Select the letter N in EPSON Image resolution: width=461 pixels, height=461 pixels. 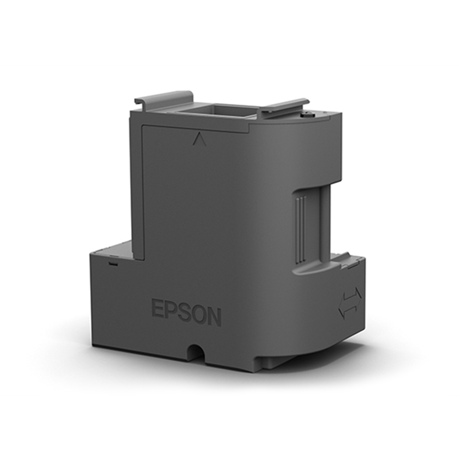tap(214, 317)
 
